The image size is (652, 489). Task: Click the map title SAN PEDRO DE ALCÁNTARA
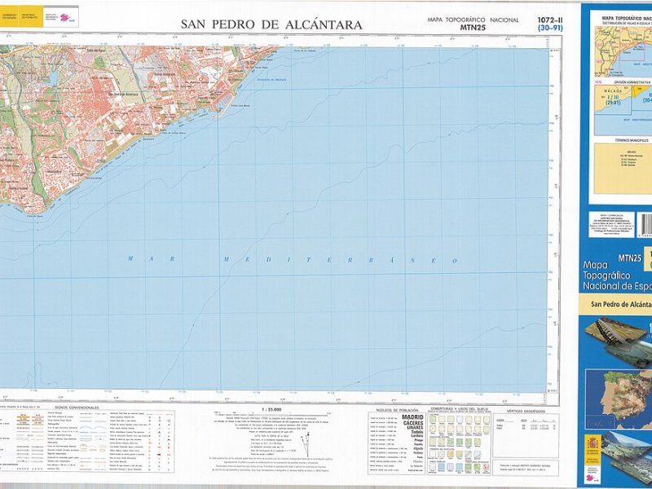coord(271,25)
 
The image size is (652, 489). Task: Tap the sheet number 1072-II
coord(550,20)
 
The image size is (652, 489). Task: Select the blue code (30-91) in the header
coord(550,29)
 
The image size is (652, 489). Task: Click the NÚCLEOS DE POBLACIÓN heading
coord(396,409)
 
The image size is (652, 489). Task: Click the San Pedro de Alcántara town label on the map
coord(128,95)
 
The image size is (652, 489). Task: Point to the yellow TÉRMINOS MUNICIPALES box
coord(623,167)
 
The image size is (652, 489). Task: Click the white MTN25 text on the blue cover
coord(630,258)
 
